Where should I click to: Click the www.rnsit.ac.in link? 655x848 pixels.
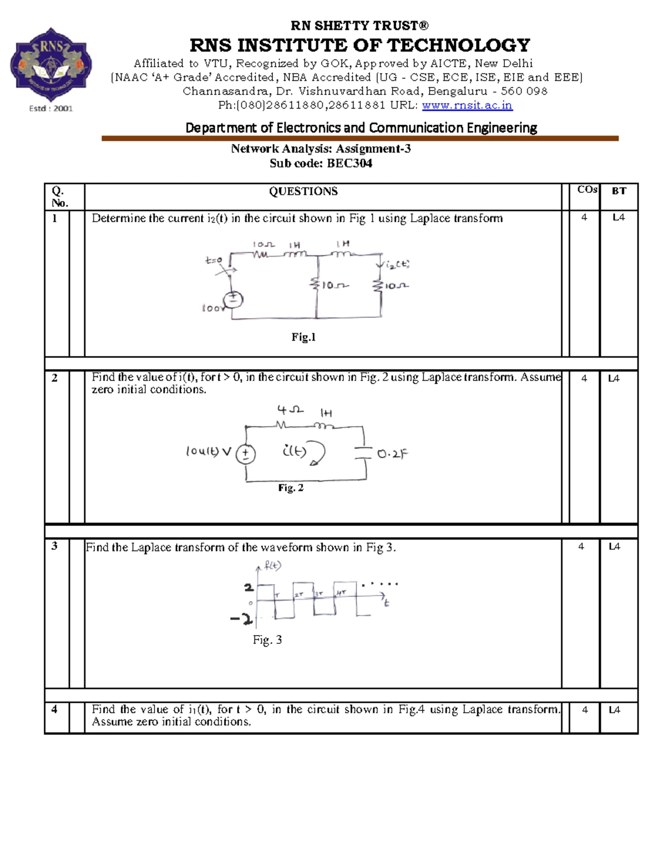(467, 105)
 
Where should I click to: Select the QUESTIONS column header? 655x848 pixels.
(303, 191)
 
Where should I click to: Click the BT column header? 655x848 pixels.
(618, 191)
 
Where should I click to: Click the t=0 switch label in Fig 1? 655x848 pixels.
(213, 260)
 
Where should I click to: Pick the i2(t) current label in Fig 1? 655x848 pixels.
(397, 265)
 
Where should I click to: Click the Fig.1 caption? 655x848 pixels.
(303, 337)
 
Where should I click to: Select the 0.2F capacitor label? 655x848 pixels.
(392, 454)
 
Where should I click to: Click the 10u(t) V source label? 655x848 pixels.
(209, 452)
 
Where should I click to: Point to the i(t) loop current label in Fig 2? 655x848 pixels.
(294, 451)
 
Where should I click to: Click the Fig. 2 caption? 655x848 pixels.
(290, 488)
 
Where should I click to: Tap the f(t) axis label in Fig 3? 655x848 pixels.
(272, 566)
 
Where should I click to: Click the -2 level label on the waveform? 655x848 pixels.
(241, 619)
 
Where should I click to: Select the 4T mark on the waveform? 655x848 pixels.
(341, 592)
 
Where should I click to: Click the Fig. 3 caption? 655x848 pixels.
(267, 640)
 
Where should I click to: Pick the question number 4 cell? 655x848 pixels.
(54, 709)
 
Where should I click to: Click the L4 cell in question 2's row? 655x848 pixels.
(614, 378)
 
